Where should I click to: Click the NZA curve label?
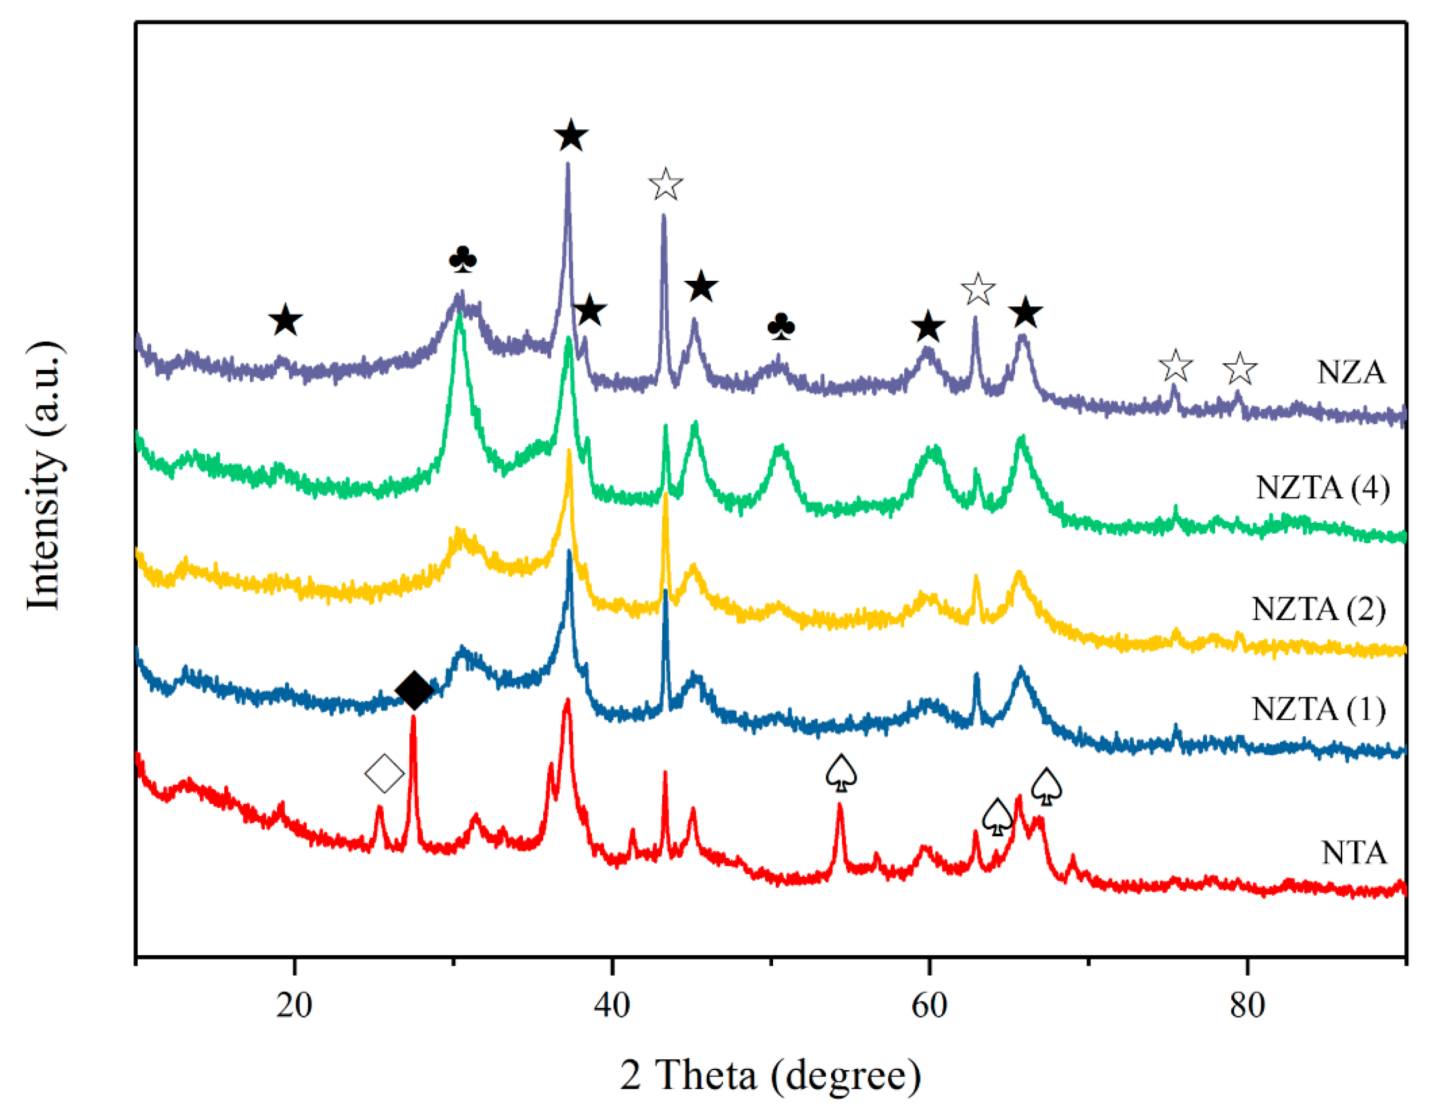(x=1351, y=372)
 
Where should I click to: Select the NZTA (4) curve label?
(x=1322, y=488)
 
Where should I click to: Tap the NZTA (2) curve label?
(x=1318, y=610)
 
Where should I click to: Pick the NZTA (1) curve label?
(x=1318, y=709)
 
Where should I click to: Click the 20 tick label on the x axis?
(x=294, y=1005)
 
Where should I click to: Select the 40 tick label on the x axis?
(x=612, y=1005)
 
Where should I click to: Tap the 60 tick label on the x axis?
(x=929, y=1005)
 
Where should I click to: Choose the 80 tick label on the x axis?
(x=1247, y=1005)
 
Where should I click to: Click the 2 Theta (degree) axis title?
(x=770, y=1074)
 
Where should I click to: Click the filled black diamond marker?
(x=414, y=690)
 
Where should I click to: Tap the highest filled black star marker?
(x=571, y=136)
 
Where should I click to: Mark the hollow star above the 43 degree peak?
(x=666, y=184)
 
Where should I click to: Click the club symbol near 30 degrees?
(x=463, y=260)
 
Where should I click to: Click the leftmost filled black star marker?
(x=285, y=321)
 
